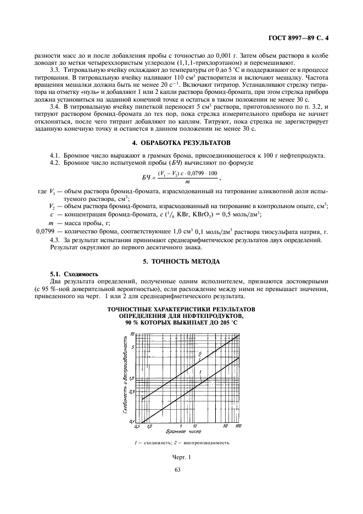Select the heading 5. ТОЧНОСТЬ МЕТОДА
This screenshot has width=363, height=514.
click(x=181, y=260)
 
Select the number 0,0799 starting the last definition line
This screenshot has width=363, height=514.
click(x=46, y=232)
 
